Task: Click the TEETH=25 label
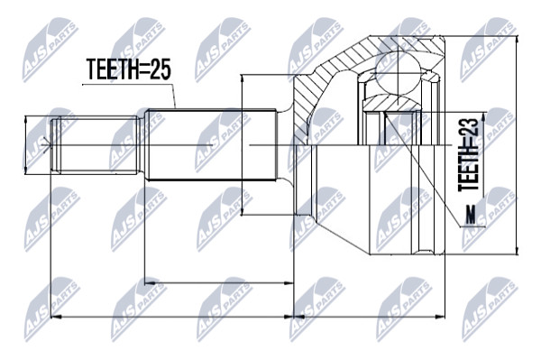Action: pyautogui.click(x=128, y=69)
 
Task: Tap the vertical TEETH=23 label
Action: pyautogui.click(x=468, y=154)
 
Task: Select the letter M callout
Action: pyautogui.click(x=470, y=215)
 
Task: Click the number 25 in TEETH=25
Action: pyautogui.click(x=159, y=69)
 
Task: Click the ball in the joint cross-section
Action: pyautogui.click(x=398, y=73)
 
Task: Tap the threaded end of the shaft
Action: pyautogui.click(x=96, y=144)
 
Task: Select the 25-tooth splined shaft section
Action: pyautogui.click(x=211, y=144)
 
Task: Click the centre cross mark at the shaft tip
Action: pyautogui.click(x=47, y=144)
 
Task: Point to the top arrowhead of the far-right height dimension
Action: pyautogui.click(x=517, y=41)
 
